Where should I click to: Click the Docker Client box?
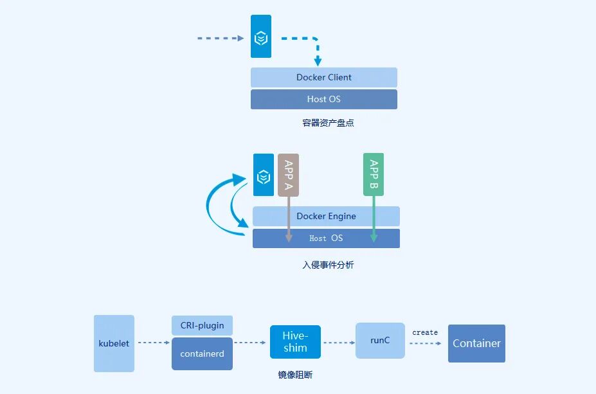[x=323, y=77]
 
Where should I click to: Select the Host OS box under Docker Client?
[x=323, y=99]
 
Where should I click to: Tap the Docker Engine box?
[x=326, y=216]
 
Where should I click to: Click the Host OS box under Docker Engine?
[x=326, y=238]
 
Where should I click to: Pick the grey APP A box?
[x=289, y=174]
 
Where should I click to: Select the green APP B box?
[x=374, y=174]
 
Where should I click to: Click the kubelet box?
[x=114, y=343]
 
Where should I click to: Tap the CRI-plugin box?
[x=202, y=325]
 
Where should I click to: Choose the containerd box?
[x=202, y=354]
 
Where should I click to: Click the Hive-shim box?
[x=295, y=342]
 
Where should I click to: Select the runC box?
[x=380, y=340]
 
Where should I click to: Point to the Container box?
[x=476, y=343]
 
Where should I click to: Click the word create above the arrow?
[x=425, y=332]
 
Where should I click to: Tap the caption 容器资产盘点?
[x=328, y=123]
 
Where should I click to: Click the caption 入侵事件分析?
[x=328, y=264]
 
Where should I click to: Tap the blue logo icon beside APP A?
[x=263, y=175]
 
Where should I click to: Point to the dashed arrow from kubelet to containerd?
[x=152, y=343]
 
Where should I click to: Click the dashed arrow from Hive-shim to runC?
[x=338, y=343]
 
